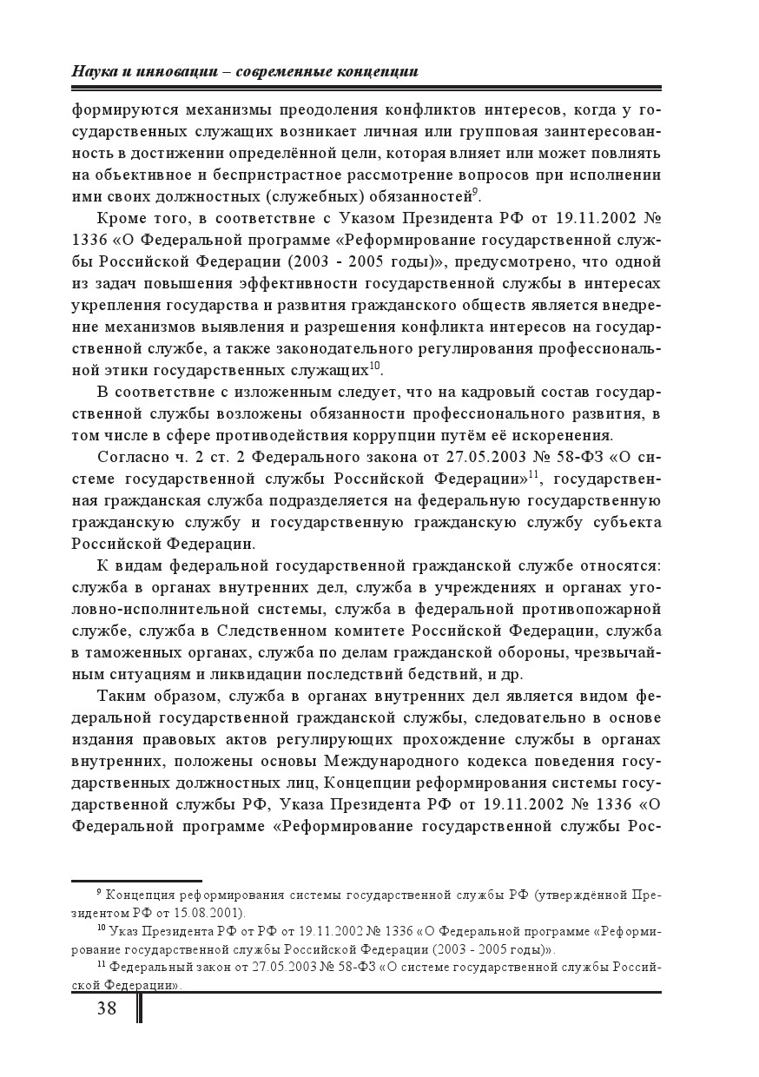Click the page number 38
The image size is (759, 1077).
(107, 1008)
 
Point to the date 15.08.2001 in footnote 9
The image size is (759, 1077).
(214, 913)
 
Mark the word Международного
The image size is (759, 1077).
(399, 761)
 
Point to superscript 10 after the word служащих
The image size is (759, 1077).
(375, 365)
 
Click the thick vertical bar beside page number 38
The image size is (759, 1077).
(139, 1008)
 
